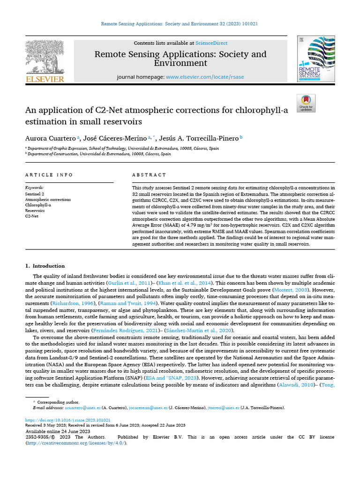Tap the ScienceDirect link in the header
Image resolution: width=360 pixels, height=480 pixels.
click(x=211, y=43)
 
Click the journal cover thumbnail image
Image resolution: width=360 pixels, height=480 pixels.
click(x=316, y=59)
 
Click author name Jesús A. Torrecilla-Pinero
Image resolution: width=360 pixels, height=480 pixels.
click(x=199, y=138)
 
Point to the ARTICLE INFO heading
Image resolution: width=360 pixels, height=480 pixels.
click(x=49, y=175)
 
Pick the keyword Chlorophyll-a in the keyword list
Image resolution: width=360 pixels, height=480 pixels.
click(x=38, y=205)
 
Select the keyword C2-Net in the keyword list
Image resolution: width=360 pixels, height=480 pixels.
click(x=32, y=216)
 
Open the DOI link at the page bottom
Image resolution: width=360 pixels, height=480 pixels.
click(x=67, y=420)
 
